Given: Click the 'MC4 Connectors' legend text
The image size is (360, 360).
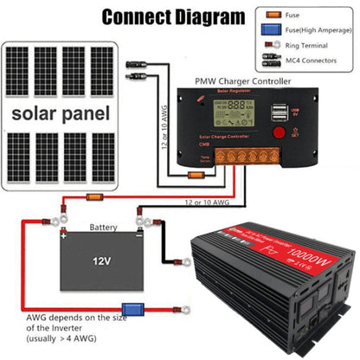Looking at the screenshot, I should (x=320, y=61).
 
